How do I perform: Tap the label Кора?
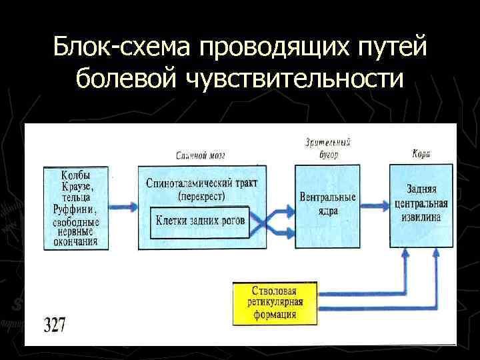pyautogui.click(x=421, y=154)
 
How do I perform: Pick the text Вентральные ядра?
pyautogui.click(x=327, y=204)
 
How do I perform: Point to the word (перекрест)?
pyautogui.click(x=201, y=196)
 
